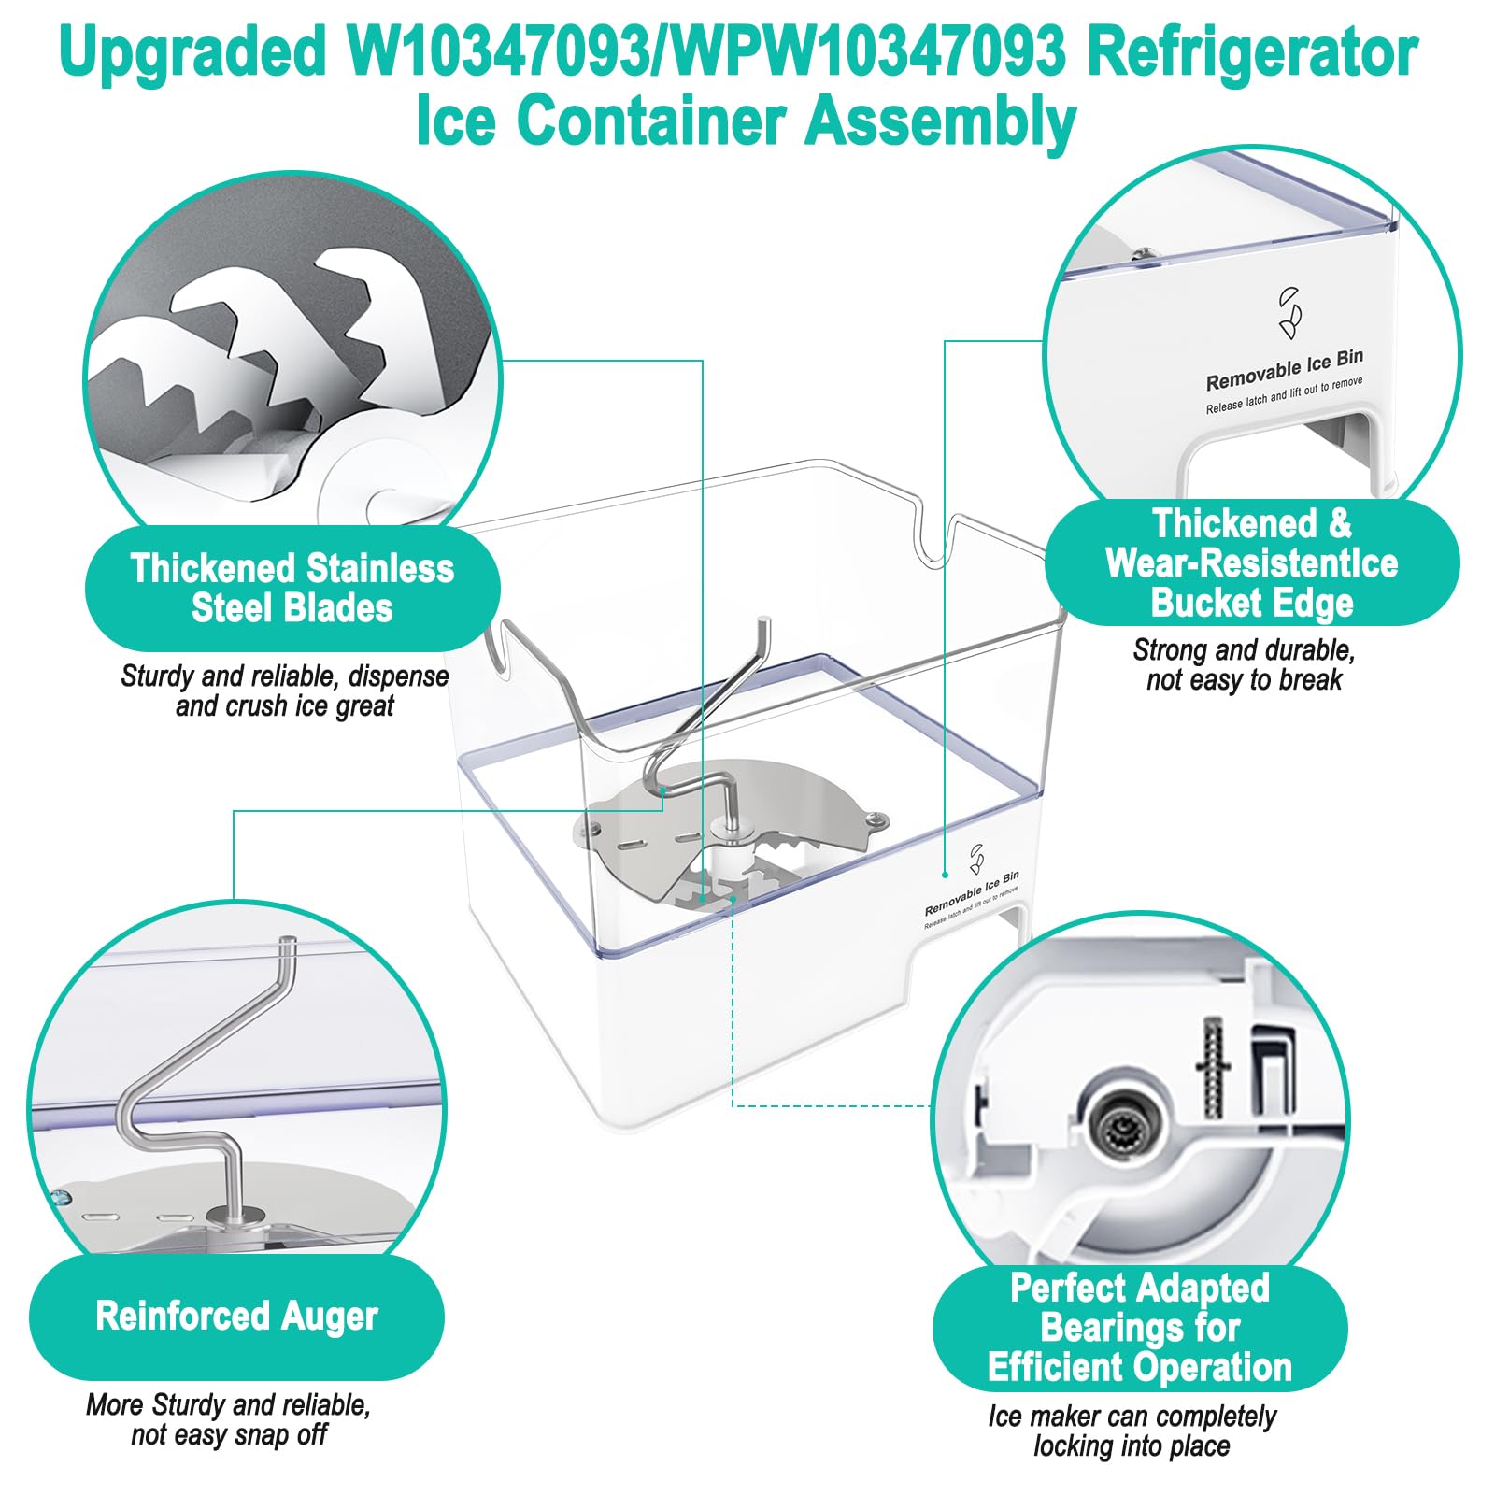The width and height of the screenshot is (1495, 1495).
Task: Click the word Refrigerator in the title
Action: pos(1253,53)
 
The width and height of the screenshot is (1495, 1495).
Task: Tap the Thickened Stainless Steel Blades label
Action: pos(292,588)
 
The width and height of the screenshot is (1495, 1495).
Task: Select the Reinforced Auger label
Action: pos(236,1316)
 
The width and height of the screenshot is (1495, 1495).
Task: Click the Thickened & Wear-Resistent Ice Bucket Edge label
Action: pos(1252,562)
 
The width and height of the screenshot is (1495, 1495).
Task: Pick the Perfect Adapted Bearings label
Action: pos(1140,1328)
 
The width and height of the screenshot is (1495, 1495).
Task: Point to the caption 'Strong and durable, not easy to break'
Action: pos(1244,664)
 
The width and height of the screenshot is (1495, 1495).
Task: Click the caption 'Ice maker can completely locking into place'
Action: pos(1132,1431)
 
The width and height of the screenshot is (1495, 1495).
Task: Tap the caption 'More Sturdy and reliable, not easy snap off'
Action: pos(229,1419)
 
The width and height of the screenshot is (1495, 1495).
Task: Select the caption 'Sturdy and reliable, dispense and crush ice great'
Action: pos(285,691)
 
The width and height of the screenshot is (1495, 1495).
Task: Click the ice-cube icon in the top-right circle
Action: pos(1290,312)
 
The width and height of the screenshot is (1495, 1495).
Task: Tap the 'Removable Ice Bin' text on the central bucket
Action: pos(972,894)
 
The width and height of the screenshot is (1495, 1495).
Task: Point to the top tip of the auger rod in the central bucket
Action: pos(763,619)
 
